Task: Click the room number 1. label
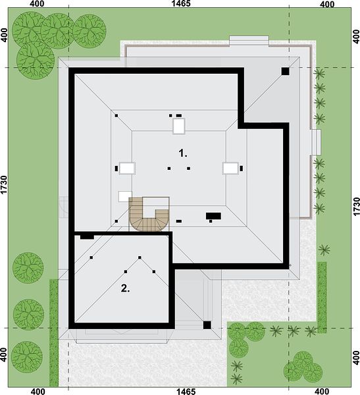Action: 183,153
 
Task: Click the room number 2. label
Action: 125,288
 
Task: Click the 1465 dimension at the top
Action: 180,3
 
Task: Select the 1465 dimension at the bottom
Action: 186,391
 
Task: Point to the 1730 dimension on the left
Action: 4,185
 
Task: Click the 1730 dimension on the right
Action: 356,207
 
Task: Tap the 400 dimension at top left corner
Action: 37,4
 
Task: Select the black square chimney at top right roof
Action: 285,71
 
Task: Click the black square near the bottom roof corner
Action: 207,325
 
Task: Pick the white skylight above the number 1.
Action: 179,126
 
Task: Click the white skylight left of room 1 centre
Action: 127,169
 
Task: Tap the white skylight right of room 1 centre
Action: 230,169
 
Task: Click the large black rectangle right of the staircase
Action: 213,216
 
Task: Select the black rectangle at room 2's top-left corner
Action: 87,237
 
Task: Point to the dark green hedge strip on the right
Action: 322,298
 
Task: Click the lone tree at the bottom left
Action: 27,357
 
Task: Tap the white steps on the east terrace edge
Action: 316,142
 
